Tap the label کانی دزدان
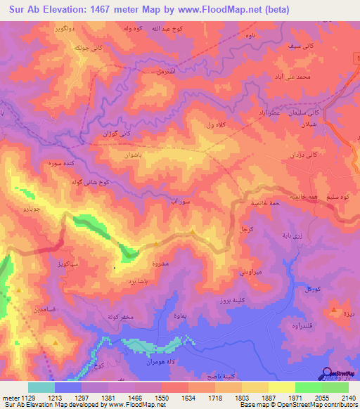point(305,153)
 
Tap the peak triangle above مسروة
point(193,231)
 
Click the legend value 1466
point(150,397)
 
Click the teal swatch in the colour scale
point(41,387)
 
